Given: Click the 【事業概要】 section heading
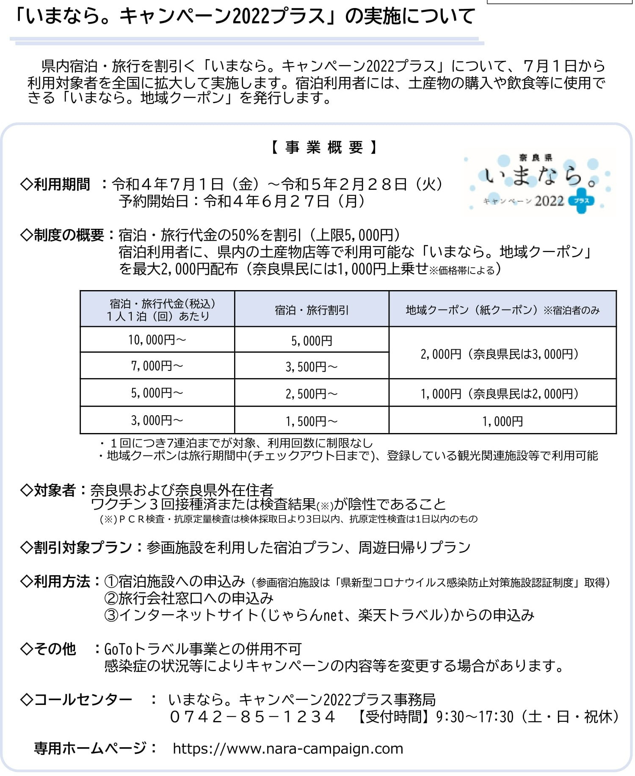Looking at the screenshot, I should (x=324, y=148).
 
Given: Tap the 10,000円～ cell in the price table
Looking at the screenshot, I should (x=157, y=340).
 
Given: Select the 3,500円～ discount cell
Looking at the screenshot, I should (x=312, y=366).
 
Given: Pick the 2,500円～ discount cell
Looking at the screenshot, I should (x=312, y=394).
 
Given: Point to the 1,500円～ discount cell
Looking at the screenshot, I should (x=312, y=421).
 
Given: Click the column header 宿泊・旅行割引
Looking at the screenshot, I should (x=312, y=310).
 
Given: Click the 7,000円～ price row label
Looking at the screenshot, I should (x=157, y=366).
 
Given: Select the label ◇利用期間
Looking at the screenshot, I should (x=55, y=184).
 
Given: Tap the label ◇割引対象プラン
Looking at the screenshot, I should (x=76, y=547).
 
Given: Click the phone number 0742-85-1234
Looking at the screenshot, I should (x=253, y=717).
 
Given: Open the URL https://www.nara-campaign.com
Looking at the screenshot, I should (x=288, y=749).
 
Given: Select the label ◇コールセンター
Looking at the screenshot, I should (x=76, y=700).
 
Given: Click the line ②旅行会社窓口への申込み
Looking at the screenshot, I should (x=189, y=598).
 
